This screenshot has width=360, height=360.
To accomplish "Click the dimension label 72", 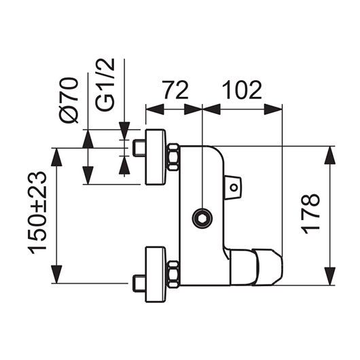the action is (x=175, y=90).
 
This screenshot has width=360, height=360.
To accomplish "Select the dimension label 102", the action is (x=242, y=90).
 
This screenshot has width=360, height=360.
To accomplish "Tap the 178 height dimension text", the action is (x=311, y=214).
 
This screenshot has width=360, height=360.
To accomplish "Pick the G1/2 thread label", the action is (x=105, y=85).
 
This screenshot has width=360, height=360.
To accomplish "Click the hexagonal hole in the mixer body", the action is (x=202, y=219).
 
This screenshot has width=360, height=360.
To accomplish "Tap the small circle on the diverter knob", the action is (x=234, y=187).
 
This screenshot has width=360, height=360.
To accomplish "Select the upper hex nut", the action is (x=173, y=157).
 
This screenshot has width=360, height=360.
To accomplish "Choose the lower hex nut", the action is (x=173, y=274).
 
